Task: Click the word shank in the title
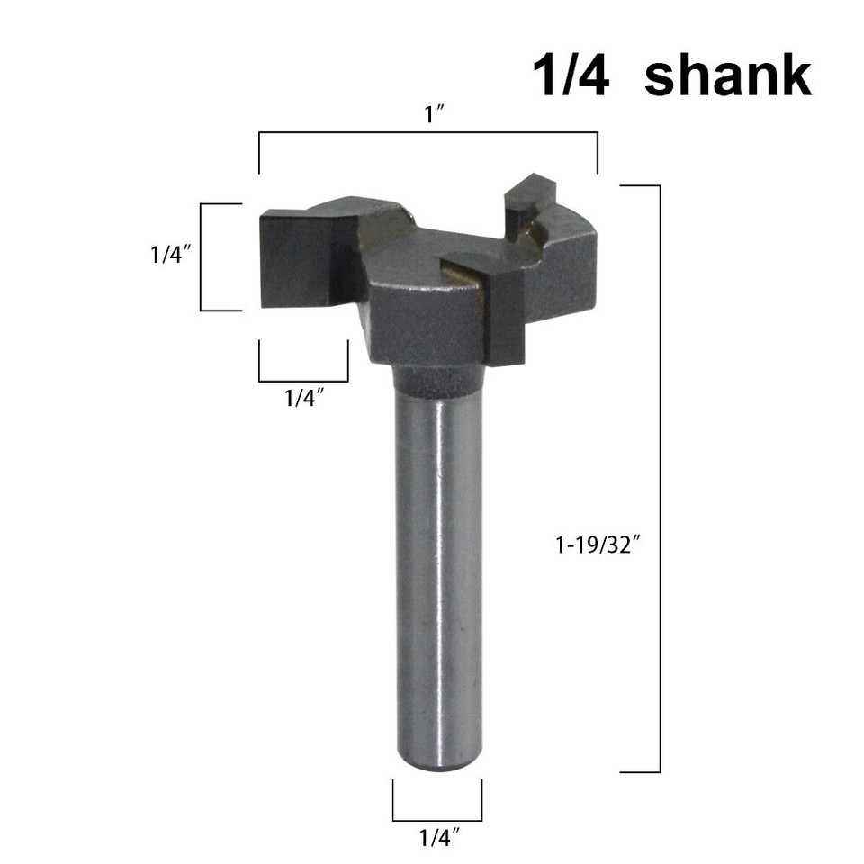point(728,76)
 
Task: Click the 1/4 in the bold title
point(571,76)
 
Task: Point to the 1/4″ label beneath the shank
point(436,840)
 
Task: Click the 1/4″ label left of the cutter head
point(166,255)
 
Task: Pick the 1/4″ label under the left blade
point(303,399)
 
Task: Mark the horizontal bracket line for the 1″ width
point(428,133)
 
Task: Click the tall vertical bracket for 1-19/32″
point(659,477)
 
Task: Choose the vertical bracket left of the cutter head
point(201,257)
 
